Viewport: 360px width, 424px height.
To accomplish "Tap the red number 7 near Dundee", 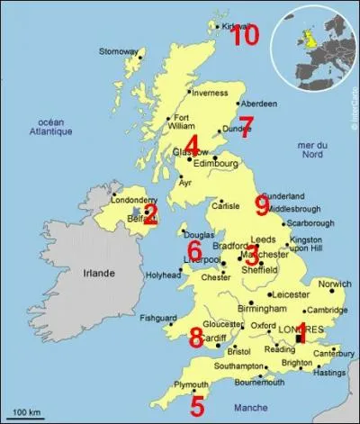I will [x=247, y=126].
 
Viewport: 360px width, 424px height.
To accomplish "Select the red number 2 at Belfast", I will [x=150, y=213].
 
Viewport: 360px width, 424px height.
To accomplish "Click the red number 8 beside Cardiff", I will [x=196, y=338].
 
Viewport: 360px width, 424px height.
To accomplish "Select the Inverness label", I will [x=210, y=92].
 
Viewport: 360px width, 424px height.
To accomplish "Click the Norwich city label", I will [x=335, y=284].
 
